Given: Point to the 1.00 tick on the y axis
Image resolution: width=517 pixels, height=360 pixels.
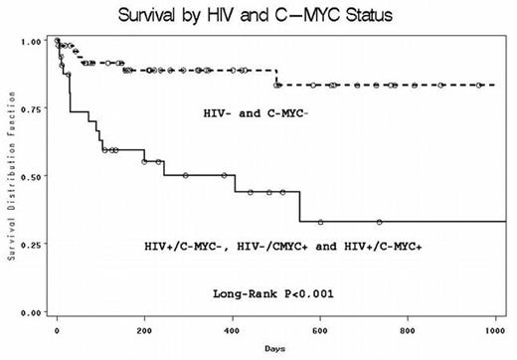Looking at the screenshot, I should [x=32, y=42].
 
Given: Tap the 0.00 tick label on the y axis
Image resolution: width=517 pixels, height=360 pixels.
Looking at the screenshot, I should [x=32, y=312].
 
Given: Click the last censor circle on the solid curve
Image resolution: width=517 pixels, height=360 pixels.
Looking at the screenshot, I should [x=379, y=222].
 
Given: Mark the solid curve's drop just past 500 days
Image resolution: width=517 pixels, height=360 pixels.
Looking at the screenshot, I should [x=299, y=207].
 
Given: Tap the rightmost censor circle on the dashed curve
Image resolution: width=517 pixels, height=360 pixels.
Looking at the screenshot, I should [x=479, y=86].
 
